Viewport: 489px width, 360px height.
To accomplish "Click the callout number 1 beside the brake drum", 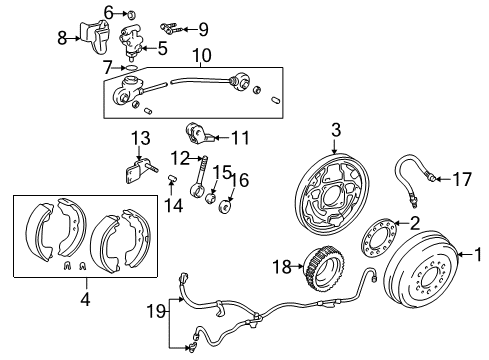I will tap(477, 254).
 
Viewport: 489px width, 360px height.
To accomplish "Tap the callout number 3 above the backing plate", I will tap(336, 128).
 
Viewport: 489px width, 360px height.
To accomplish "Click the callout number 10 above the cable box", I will tap(200, 54).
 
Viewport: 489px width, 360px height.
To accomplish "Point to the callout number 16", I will tap(241, 181).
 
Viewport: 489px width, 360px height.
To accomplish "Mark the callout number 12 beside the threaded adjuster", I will tap(178, 157).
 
